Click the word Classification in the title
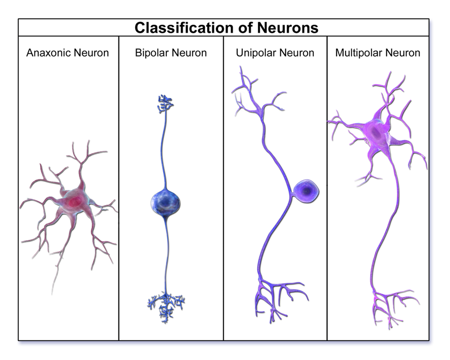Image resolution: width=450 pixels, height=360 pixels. click(181, 27)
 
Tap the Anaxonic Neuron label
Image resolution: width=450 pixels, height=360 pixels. click(68, 52)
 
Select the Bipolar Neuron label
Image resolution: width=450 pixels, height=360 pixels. click(171, 52)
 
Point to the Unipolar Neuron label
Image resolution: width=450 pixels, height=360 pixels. click(275, 52)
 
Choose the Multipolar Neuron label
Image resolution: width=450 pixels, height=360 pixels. click(378, 52)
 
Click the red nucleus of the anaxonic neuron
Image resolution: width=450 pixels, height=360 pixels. click(73, 202)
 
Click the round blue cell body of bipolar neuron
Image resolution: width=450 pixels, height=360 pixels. click(165, 202)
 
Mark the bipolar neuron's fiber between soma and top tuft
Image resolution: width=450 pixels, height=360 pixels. click(164, 151)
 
